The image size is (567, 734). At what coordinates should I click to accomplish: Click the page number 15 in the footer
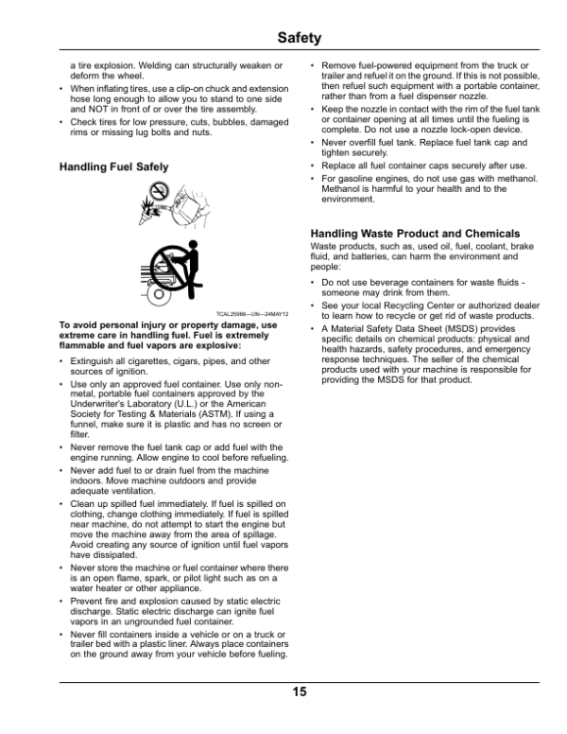pos(299,692)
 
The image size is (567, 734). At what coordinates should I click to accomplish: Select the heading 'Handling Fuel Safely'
pos(113,166)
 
